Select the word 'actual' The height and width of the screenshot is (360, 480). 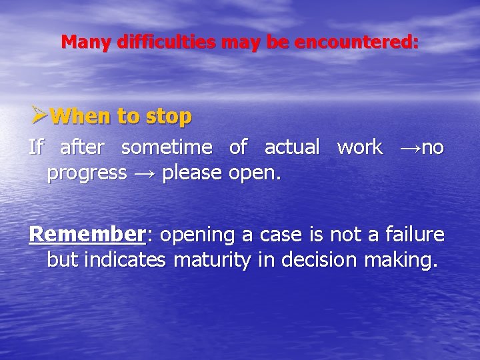[292, 147]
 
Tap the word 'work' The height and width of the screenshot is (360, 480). [360, 147]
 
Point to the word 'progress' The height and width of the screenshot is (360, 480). [87, 174]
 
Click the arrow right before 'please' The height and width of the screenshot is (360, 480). [145, 173]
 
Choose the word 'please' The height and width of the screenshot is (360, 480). [193, 174]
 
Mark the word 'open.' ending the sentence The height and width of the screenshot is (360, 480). [255, 174]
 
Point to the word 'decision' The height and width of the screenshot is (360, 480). [317, 260]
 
